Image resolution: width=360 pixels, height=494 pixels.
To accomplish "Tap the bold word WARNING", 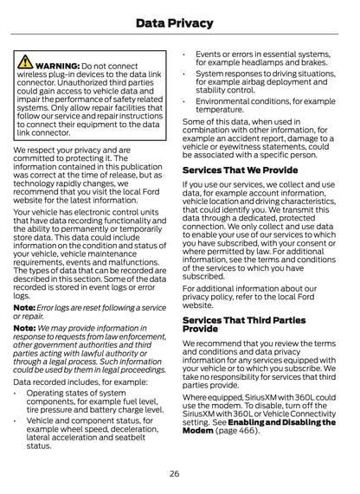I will coord(58,66).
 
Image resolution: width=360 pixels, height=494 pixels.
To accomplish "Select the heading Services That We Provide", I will coord(240,170).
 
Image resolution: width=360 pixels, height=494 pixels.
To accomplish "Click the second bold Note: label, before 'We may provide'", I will coord(24,328).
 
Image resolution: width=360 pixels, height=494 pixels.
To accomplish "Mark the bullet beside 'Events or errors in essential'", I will coord(186,54).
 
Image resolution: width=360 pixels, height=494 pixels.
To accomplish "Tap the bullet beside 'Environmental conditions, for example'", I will coord(186,101).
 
